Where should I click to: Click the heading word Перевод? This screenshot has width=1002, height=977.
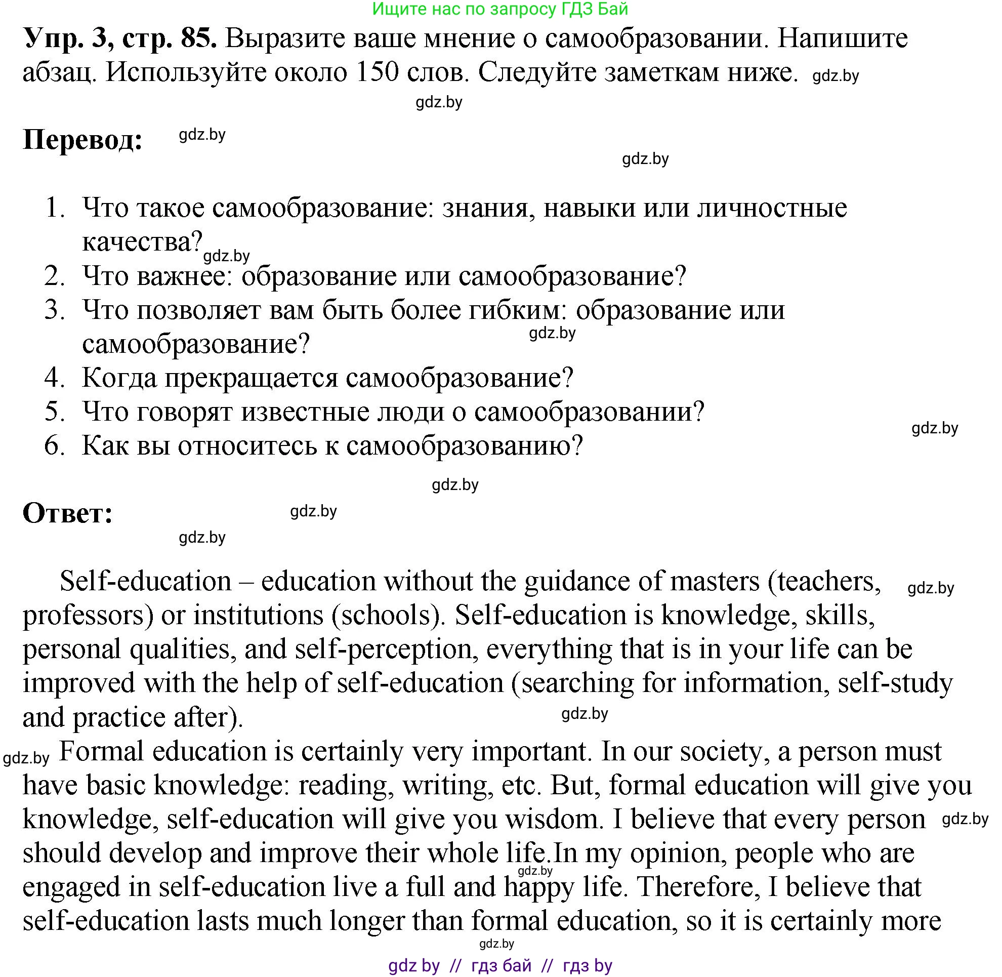(x=82, y=140)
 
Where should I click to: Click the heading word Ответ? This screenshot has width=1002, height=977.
(x=68, y=513)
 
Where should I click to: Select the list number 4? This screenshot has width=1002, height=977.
(x=54, y=378)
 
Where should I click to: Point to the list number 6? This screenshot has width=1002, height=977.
(x=54, y=445)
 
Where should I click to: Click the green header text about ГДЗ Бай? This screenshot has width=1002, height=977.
(x=500, y=9)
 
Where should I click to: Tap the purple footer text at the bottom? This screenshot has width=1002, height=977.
(x=500, y=966)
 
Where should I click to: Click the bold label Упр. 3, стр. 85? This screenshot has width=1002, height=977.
(x=119, y=38)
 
